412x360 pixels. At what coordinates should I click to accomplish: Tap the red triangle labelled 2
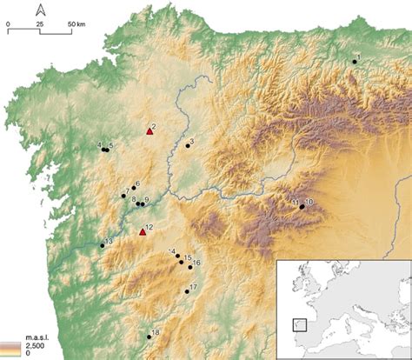click(x=150, y=131)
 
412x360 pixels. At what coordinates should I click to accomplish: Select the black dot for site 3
click(x=186, y=146)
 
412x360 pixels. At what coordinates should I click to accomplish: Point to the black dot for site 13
click(x=103, y=245)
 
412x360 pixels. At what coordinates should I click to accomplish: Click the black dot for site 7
click(x=123, y=197)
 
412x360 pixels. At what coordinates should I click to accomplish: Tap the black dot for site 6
click(x=134, y=189)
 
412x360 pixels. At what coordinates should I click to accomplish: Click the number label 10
click(x=309, y=202)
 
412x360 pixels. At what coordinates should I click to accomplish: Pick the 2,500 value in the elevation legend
click(x=12, y=345)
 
